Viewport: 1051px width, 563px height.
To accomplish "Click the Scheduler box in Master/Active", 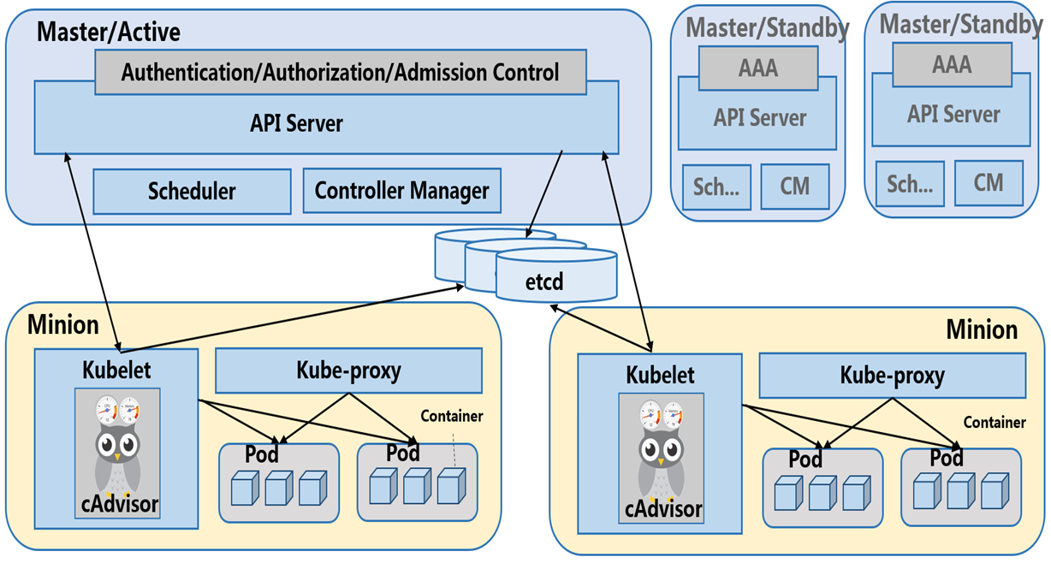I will [192, 191].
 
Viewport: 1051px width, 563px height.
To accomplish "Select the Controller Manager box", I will [401, 191].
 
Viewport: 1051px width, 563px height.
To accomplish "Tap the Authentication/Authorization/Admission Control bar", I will [340, 72].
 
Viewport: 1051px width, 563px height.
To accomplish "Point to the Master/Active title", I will [109, 33].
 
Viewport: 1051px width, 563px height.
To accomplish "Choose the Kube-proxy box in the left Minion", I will [348, 370].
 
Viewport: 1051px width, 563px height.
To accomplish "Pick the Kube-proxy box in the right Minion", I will [892, 375].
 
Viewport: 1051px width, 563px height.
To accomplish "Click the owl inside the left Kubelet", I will [118, 445].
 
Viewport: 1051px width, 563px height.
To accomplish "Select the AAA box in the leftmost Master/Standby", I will [758, 67].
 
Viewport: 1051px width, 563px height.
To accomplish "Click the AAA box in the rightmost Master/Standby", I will [952, 64].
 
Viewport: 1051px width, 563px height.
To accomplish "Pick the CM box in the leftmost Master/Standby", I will [795, 186].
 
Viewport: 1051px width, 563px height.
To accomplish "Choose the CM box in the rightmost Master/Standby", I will [989, 182].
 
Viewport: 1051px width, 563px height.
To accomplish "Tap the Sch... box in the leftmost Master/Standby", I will [715, 187].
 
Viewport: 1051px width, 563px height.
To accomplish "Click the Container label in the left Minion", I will [452, 417].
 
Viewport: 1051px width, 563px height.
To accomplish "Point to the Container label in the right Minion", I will [995, 422].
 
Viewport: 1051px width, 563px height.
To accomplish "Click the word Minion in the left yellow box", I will [63, 325].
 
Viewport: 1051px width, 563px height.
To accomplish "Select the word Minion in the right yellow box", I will [982, 329].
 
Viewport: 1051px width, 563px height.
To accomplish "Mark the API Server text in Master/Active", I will [297, 123].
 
